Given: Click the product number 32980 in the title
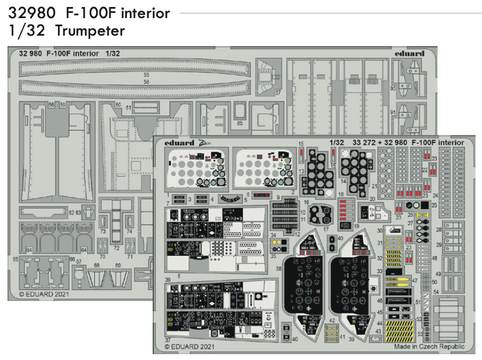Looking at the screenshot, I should [x=28, y=12].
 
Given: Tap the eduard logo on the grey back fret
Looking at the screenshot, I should [x=409, y=54].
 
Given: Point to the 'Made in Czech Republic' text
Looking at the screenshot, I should [x=429, y=346].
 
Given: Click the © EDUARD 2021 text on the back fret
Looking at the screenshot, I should [x=44, y=294].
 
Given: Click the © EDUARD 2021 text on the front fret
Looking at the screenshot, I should [x=189, y=346].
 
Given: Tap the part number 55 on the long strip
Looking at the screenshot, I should [x=146, y=75].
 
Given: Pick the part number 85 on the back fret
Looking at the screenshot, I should [x=240, y=123].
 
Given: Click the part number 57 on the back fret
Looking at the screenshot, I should [x=278, y=92].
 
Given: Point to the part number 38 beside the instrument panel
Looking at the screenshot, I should [x=279, y=269].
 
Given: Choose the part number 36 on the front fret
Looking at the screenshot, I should [x=168, y=279].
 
